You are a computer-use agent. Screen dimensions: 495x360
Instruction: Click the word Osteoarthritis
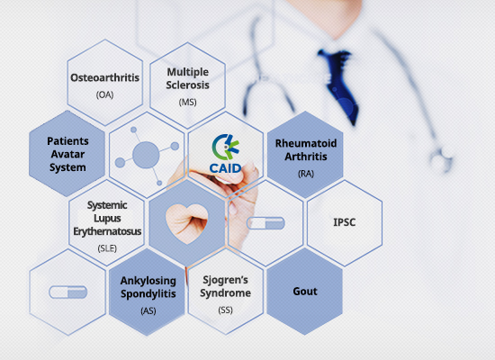coord(104,77)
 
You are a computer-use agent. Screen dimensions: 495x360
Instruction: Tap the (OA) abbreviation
coord(104,94)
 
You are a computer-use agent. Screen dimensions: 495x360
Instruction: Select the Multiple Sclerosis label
coord(188,78)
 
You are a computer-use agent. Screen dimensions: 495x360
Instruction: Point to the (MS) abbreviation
coord(188,102)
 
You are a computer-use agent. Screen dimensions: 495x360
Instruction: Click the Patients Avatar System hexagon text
coord(67,154)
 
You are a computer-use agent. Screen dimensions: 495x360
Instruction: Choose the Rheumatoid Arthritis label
coord(306,149)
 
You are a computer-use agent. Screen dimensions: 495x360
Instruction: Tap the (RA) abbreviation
coord(306,174)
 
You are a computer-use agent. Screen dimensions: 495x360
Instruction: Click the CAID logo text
coord(225,168)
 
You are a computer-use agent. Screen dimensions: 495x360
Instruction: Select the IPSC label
coord(345,222)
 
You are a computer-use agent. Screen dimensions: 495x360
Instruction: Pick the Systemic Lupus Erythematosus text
coord(107,218)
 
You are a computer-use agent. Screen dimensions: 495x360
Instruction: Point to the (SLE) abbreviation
coord(107,248)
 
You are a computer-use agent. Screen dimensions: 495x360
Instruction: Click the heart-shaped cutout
coord(187,223)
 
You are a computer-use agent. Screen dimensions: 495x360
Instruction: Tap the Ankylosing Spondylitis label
coord(148,287)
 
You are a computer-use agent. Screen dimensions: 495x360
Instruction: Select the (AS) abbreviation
coord(148,310)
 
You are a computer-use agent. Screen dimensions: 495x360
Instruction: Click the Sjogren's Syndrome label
coord(225,286)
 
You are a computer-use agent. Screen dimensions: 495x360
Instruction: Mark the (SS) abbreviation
coord(225,310)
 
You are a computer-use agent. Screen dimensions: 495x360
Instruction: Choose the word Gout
coord(305,292)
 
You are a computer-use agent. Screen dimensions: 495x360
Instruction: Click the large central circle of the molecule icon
coord(146,155)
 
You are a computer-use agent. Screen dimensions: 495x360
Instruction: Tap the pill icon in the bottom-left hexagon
coord(67,292)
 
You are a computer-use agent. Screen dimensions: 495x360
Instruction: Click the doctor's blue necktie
coord(340,85)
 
